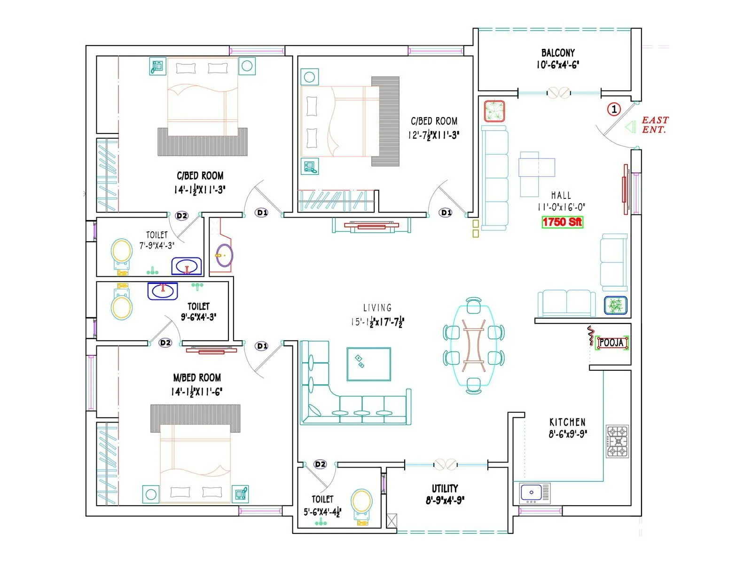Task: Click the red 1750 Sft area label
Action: point(562,222)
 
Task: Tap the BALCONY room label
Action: point(558,53)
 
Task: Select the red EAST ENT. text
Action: point(655,125)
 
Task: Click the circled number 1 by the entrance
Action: point(614,110)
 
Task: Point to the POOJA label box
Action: point(611,343)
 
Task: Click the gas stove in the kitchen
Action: point(618,441)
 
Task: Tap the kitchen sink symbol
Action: point(535,493)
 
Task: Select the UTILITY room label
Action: point(445,488)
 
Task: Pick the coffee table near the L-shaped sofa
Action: point(369,364)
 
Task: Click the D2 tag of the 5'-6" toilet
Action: point(320,464)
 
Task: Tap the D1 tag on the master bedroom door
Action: point(262,346)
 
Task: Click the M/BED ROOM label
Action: point(197,377)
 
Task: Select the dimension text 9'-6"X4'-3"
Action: point(198,317)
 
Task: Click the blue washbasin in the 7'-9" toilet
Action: point(187,266)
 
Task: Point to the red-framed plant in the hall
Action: point(494,111)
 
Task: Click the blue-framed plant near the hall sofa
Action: point(615,306)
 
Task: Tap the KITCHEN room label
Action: point(567,422)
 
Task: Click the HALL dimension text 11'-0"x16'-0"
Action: point(561,207)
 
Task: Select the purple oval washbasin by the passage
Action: point(224,255)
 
